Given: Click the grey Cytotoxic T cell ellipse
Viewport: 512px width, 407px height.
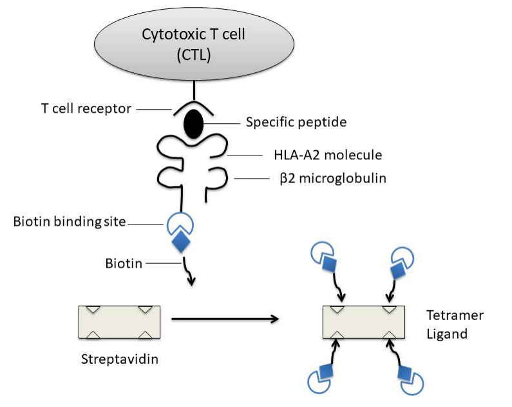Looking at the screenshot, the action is [194, 43].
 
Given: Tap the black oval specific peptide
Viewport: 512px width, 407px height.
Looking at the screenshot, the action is [194, 124].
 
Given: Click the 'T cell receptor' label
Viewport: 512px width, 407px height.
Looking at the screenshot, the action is [86, 108].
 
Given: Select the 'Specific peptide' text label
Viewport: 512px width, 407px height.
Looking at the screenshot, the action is [296, 123].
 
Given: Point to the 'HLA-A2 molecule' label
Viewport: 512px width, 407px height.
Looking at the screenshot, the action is [328, 155].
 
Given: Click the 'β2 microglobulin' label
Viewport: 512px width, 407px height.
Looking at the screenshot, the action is [333, 179].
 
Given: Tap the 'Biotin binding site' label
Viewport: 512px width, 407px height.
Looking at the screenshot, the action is [70, 222].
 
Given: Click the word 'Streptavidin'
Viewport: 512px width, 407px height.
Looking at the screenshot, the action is [120, 359].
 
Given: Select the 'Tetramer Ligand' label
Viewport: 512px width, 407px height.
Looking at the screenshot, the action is [455, 324].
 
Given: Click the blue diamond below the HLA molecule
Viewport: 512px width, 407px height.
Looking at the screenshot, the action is [181, 241].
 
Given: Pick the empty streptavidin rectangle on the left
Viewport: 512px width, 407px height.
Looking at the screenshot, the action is [120, 322].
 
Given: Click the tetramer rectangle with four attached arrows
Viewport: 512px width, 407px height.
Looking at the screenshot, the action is [364, 322].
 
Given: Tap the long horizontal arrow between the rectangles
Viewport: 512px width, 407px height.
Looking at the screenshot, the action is [225, 319].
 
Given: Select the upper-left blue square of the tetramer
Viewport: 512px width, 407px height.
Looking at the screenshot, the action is [329, 263].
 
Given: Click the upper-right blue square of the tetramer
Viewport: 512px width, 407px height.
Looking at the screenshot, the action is [398, 271].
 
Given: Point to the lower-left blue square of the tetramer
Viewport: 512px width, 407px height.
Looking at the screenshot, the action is [325, 371].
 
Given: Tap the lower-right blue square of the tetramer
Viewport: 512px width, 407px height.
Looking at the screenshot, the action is [404, 373].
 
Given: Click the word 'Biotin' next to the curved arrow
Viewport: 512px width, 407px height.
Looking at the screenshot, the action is [124, 264].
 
